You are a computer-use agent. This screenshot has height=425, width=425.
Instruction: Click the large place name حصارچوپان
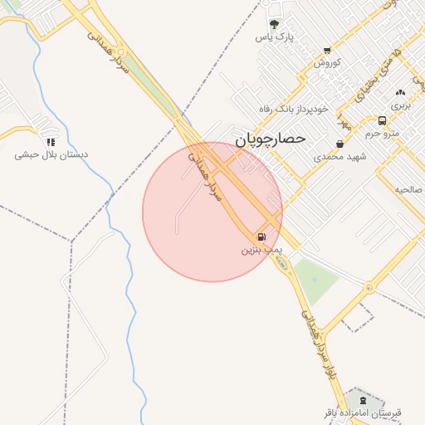click(x=271, y=139)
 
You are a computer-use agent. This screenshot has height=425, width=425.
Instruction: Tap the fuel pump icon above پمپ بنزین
click(x=262, y=237)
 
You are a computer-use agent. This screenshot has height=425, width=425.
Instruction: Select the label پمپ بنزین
click(x=262, y=249)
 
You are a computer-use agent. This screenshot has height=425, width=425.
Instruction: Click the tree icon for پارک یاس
click(x=275, y=24)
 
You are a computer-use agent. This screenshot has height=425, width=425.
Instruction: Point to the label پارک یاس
click(x=275, y=37)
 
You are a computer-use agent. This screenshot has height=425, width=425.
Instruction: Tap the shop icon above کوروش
click(x=327, y=51)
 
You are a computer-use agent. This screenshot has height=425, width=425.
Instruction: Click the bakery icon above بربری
click(x=401, y=93)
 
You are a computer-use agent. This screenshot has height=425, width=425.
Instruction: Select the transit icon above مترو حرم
click(x=382, y=120)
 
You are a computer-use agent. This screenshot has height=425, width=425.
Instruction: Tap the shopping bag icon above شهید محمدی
click(x=340, y=144)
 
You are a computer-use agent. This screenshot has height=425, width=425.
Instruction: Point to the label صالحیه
click(x=408, y=189)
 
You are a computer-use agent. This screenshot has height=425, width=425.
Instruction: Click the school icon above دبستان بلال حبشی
click(x=51, y=142)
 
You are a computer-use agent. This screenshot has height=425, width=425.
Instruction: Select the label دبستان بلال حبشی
click(x=51, y=155)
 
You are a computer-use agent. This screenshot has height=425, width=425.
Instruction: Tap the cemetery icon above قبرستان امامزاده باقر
click(x=361, y=400)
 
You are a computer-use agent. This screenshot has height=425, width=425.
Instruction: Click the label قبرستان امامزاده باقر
click(x=363, y=413)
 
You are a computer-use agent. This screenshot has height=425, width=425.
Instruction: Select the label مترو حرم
click(x=383, y=133)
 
